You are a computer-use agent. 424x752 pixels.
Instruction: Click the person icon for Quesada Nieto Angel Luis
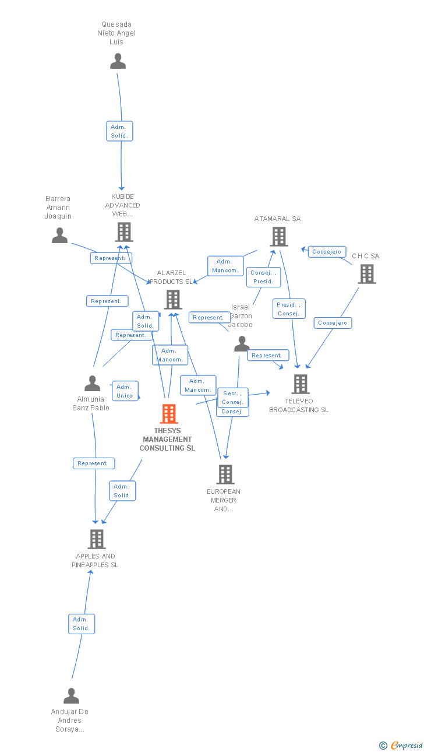pos(118,61)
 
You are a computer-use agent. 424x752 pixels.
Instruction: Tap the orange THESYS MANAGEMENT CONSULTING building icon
pos(168,414)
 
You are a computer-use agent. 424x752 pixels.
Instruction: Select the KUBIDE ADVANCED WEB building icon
pos(123,232)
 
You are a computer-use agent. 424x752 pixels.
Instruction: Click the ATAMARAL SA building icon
pos(279,236)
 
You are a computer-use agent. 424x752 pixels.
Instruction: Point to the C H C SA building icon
pos(366,273)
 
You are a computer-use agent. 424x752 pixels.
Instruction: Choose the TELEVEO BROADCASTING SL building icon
pos(300,384)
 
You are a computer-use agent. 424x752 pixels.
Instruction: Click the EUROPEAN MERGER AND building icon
pos(225,475)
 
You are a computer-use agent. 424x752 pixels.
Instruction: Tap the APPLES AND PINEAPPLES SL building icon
pos(97,539)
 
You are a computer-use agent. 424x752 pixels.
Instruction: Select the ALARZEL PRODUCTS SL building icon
pos(173,300)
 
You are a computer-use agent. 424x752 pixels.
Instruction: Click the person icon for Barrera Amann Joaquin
pos(59,236)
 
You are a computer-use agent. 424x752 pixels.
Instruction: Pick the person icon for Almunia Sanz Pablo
pos(92,384)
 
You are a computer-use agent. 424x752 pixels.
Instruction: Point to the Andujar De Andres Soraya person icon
pos(71,696)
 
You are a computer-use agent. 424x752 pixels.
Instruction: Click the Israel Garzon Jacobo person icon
pos(241,345)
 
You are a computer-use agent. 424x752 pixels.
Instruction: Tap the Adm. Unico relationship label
pos(125,391)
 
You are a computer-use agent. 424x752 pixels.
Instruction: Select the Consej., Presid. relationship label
pos(263,277)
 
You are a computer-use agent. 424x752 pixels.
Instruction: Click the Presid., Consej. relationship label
pos(288,309)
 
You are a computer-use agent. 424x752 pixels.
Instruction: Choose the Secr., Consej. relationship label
pos(233,398)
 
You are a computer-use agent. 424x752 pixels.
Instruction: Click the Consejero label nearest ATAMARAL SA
pos(327,252)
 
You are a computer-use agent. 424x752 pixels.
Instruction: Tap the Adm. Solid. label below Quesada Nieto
pos(119,131)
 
